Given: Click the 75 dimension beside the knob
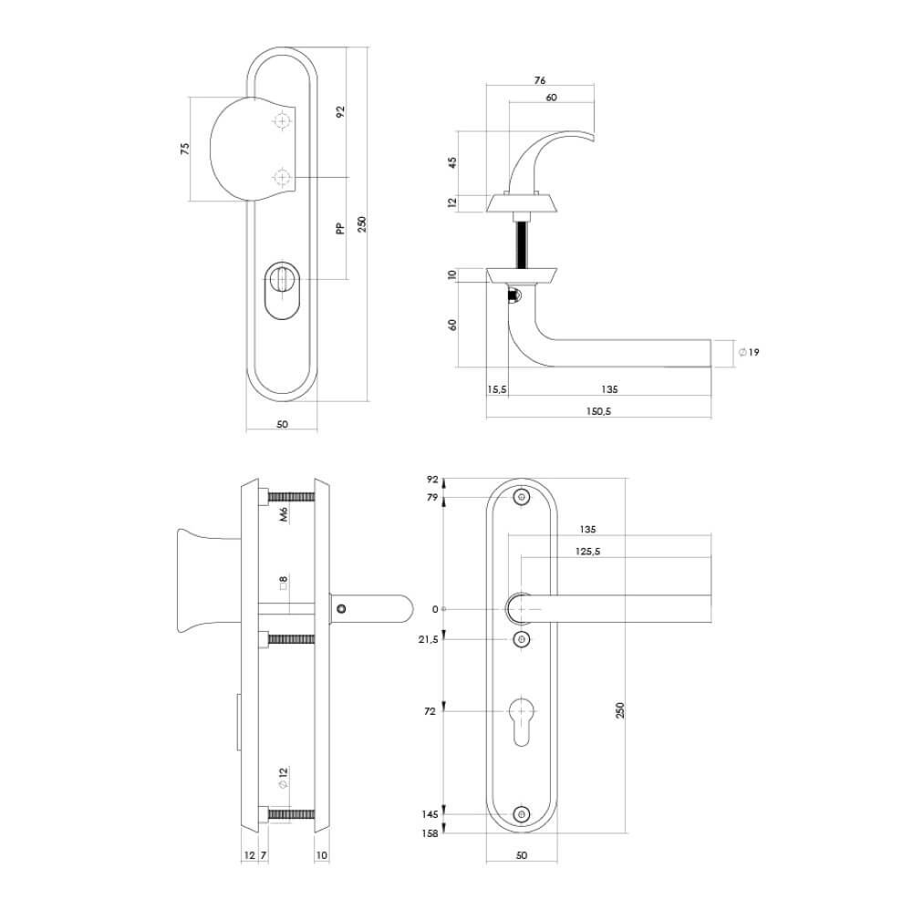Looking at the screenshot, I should [x=184, y=149].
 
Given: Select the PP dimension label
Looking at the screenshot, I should [x=339, y=230].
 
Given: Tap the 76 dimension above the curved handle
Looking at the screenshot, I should [x=539, y=80].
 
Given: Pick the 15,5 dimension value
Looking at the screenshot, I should [x=497, y=389].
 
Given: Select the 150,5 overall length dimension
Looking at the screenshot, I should [x=597, y=411].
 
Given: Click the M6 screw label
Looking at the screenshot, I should [x=284, y=517].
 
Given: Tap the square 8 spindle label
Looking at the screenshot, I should [x=284, y=583].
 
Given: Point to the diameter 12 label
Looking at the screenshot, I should [x=284, y=778].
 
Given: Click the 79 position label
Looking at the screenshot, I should [x=432, y=497].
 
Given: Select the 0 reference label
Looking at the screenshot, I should [x=435, y=609].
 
